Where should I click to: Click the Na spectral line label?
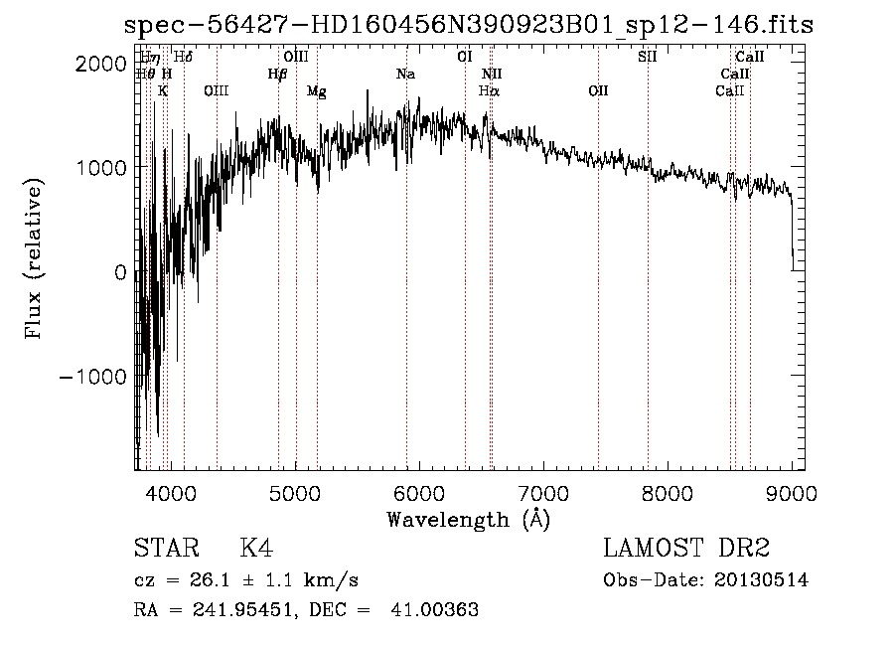405,75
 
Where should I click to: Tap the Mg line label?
317,91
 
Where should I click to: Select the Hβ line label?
278,75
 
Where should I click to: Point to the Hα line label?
490,90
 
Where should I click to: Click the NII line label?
493,75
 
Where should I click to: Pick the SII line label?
648,57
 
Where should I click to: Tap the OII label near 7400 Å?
598,90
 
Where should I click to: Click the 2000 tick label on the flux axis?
101,63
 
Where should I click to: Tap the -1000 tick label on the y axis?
95,377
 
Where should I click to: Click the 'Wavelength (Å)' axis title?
468,519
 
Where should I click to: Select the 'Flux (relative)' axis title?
35,258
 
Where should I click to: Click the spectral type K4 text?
257,550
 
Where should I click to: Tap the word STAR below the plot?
165,550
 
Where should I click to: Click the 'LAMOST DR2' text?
686,550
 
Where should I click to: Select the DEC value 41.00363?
437,610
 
